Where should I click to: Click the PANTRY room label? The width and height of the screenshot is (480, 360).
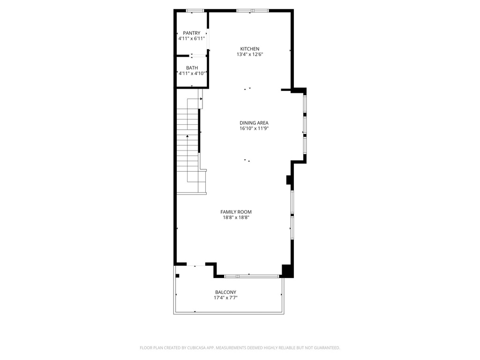[192, 33]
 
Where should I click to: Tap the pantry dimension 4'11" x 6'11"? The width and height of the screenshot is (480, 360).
[192, 38]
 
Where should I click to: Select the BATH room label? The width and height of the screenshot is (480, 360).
[192, 67]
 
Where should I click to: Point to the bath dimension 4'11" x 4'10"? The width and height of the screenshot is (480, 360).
[192, 73]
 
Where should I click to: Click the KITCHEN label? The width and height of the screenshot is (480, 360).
[250, 49]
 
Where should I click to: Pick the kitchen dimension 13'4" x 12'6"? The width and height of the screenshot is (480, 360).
[250, 54]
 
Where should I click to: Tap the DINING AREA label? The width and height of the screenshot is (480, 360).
[254, 123]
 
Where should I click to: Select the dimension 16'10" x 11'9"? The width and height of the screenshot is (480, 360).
[254, 128]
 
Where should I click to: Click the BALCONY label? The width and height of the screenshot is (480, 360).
[225, 292]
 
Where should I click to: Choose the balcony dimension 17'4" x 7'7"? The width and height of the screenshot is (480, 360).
[225, 298]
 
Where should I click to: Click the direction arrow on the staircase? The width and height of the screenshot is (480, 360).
[188, 136]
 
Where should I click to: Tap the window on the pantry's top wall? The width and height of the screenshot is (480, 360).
[195, 11]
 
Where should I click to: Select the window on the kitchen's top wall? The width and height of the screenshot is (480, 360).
[253, 11]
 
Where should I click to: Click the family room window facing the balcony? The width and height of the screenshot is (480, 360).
[252, 276]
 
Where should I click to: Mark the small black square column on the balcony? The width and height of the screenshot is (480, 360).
[177, 276]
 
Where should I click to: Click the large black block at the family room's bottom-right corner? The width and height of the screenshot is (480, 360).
[287, 271]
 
